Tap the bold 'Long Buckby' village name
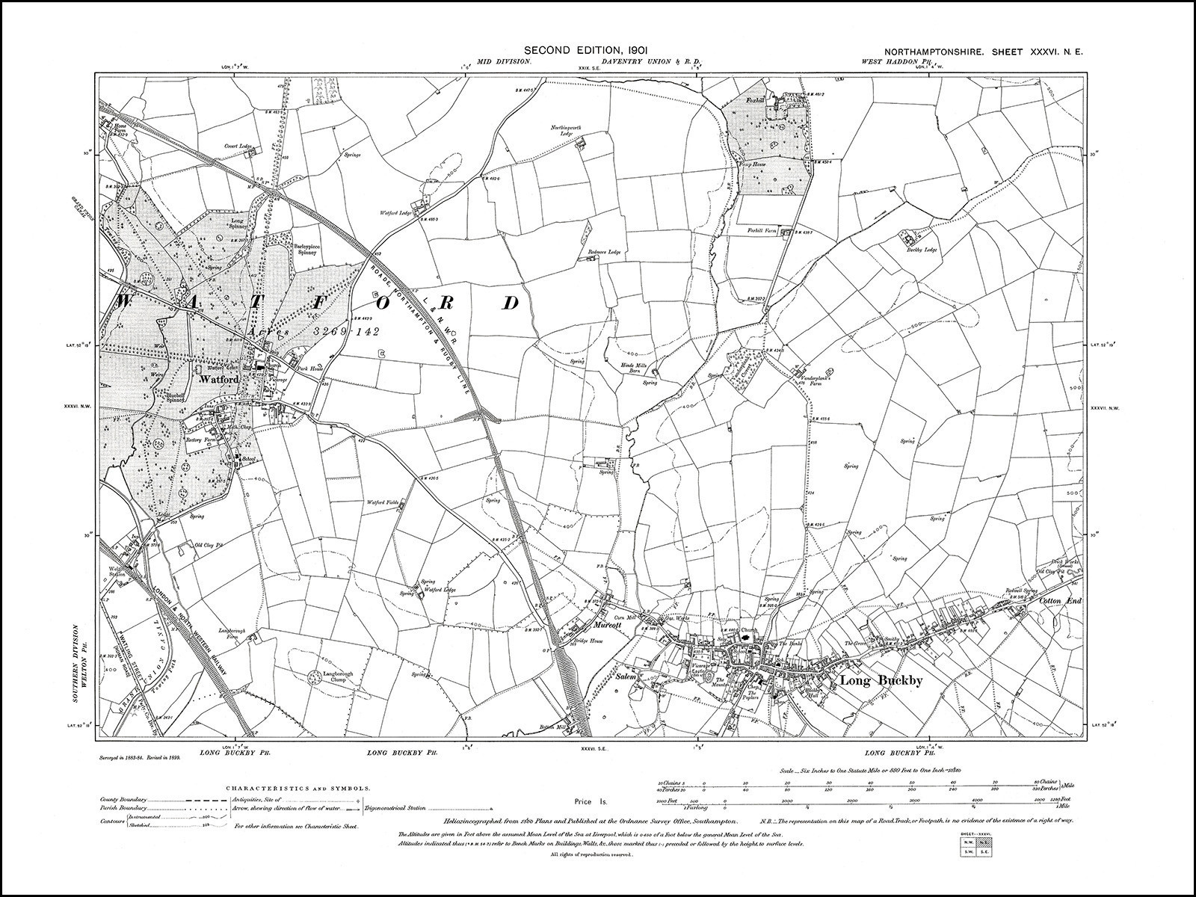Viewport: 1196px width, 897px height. click(872, 681)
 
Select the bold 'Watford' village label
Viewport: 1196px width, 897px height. click(218, 380)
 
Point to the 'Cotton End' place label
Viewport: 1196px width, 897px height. click(1060, 600)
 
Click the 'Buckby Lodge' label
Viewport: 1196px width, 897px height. click(922, 250)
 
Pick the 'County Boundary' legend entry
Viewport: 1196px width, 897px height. click(123, 799)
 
